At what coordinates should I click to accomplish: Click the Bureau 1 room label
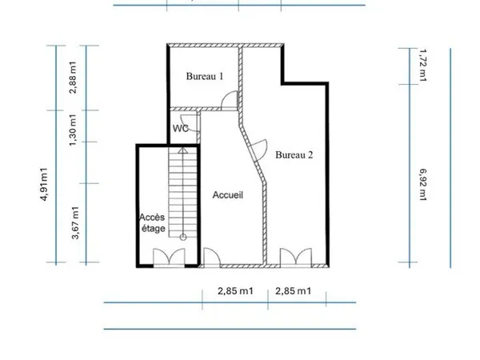coord(205,76)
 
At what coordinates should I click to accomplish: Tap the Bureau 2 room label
coord(294,154)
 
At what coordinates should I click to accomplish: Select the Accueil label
coord(228,195)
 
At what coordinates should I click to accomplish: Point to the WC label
coord(181,128)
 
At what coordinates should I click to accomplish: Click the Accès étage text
coord(153,223)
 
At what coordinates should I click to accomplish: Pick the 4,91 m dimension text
coord(44,185)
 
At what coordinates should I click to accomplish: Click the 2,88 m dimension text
coord(73,78)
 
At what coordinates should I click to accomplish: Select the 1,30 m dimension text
coord(73,130)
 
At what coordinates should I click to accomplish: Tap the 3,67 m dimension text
coord(75,223)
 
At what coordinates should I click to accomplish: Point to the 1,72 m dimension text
coord(422,66)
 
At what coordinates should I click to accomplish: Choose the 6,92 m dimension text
coord(422,185)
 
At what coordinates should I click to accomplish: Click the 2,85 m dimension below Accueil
coord(235,291)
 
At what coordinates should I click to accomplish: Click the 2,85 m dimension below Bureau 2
coord(294,291)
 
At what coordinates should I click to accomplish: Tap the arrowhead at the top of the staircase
coord(183,150)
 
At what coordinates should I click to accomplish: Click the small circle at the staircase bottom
coord(183,237)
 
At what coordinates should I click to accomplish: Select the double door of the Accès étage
coord(169,258)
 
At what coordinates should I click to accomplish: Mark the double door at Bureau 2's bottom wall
coord(296,258)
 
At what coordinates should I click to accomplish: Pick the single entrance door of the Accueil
coord(212,258)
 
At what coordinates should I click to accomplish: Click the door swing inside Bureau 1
coord(230,99)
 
